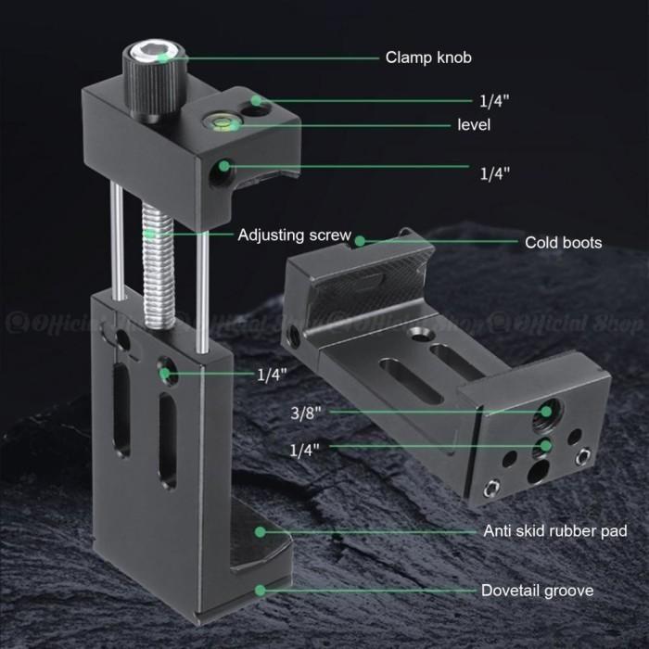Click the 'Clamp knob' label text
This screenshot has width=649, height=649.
428,57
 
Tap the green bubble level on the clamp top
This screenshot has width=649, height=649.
221,122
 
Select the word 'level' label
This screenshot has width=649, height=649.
474,125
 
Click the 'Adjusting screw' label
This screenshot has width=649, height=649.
294,235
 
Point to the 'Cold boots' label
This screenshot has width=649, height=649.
564,243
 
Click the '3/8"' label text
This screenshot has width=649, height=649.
306,413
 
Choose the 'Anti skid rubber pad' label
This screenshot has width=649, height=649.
555,530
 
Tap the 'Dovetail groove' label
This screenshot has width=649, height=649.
537,591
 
